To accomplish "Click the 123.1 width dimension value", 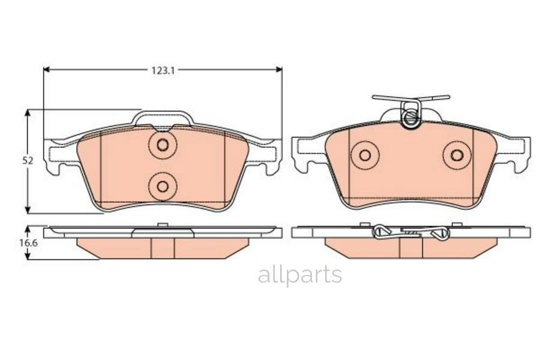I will [162, 70].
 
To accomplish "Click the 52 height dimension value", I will [28, 161].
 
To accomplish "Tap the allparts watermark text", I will [300, 275].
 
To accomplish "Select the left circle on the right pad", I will [365, 155].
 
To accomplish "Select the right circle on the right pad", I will [457, 155].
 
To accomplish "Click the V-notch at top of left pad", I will [163, 128].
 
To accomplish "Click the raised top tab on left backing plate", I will [163, 116].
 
